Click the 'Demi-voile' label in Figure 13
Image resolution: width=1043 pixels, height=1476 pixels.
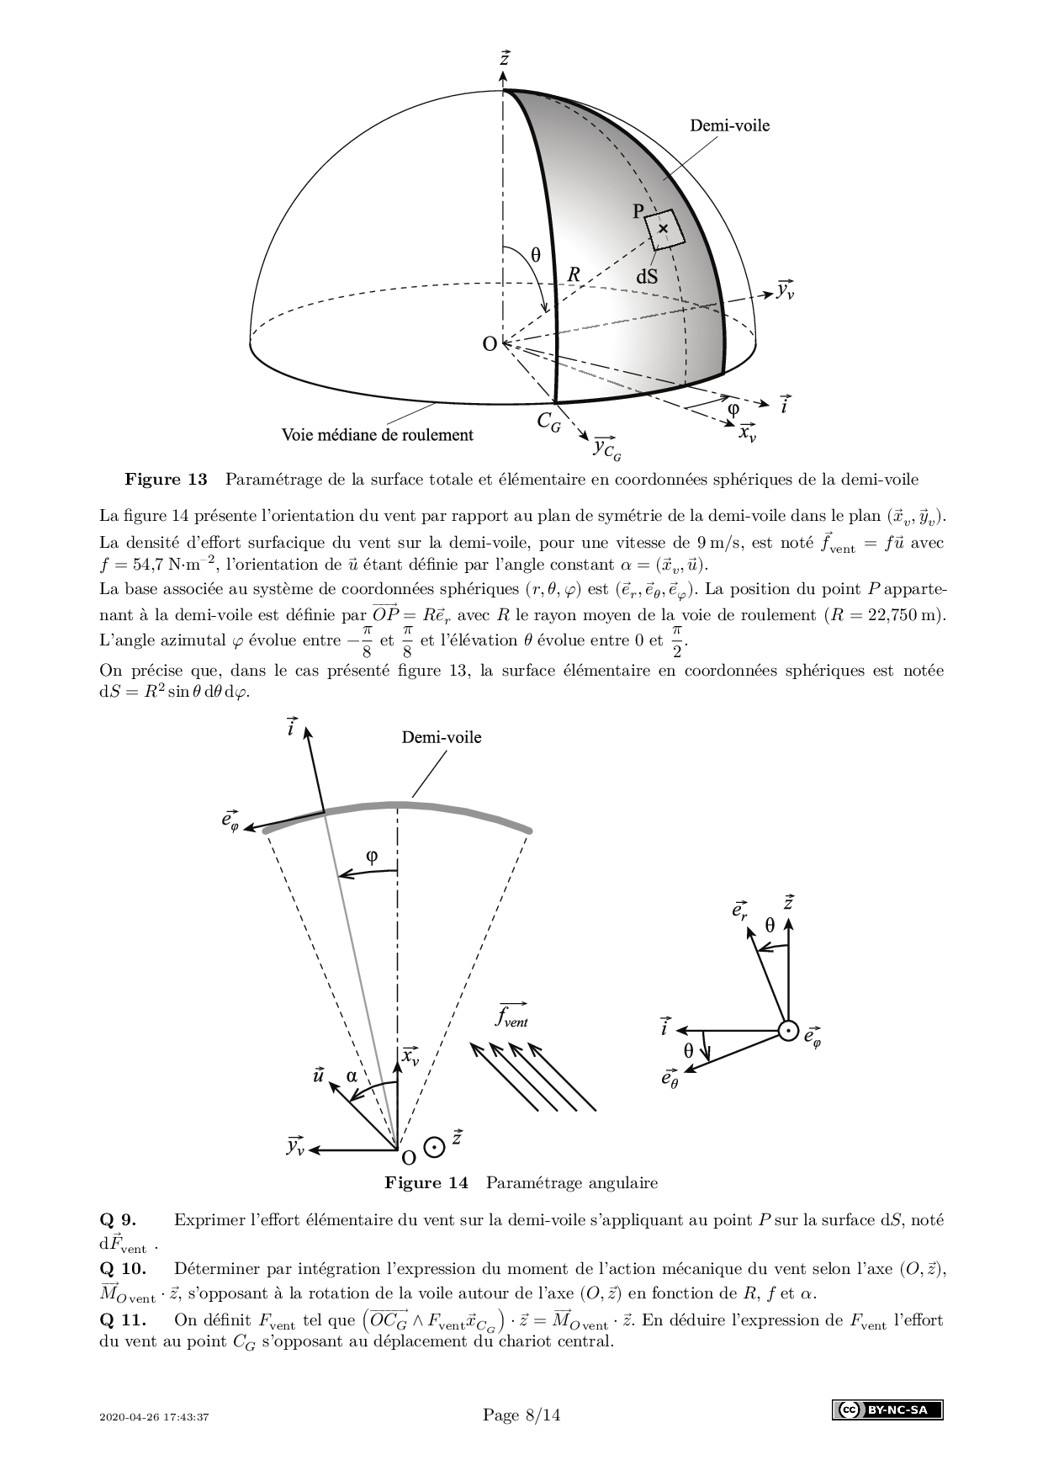coord(729,125)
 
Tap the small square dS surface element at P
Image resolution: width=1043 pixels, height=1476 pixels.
coord(664,229)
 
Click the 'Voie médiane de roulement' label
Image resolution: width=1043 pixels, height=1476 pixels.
coord(377,435)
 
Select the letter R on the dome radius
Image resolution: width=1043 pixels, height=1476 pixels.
coord(574,274)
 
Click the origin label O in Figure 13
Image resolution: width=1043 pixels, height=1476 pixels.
coord(489,343)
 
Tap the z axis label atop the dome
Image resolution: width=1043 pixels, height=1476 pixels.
coord(504,59)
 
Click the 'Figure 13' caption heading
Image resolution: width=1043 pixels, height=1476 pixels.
coord(166,480)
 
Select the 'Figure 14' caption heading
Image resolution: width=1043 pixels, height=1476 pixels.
coord(426,1182)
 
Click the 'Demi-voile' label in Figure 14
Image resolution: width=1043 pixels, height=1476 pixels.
coord(441,737)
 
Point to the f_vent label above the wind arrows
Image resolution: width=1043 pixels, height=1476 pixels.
coord(511,1016)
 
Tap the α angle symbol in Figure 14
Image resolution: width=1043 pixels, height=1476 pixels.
coord(352,1075)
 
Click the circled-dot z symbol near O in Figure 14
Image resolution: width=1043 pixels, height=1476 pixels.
coord(434,1146)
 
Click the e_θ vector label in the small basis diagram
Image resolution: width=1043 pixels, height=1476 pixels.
coord(670,1078)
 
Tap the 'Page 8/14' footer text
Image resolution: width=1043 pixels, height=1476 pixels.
coord(521,1415)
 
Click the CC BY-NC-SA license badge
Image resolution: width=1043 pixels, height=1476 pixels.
coord(887,1410)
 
